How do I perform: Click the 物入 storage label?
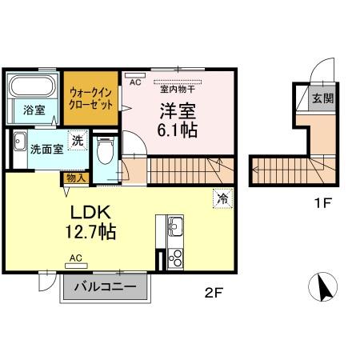(x=74, y=178)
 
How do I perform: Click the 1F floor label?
(x=322, y=203)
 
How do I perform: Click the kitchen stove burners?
(x=174, y=258)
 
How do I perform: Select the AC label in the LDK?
(x=77, y=258)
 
